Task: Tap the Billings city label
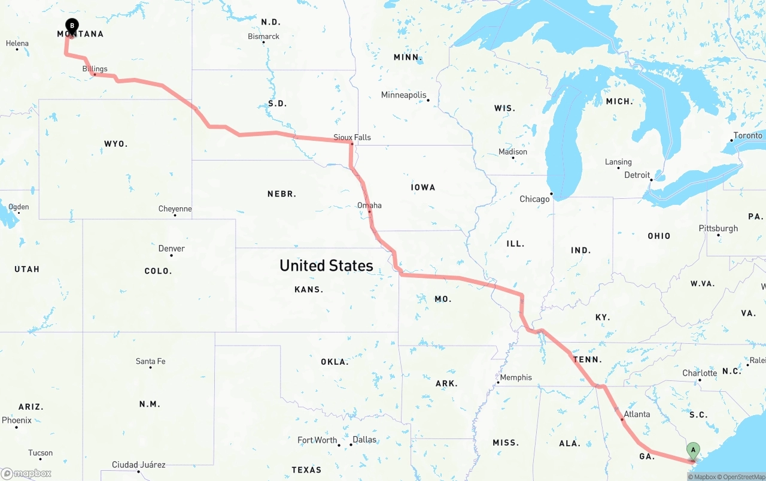click(95, 69)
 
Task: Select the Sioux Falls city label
click(352, 137)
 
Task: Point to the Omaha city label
click(369, 205)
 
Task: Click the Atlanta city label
click(637, 414)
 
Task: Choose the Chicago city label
click(534, 199)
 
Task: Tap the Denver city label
click(171, 249)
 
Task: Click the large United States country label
click(326, 265)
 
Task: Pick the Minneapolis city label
click(404, 95)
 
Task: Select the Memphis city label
click(516, 377)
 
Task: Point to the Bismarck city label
click(263, 37)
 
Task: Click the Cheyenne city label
click(175, 209)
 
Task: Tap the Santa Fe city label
click(150, 361)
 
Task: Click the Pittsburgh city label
click(718, 228)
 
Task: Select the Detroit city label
click(637, 175)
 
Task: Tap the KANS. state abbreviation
click(309, 289)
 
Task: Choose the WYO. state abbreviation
click(115, 144)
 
